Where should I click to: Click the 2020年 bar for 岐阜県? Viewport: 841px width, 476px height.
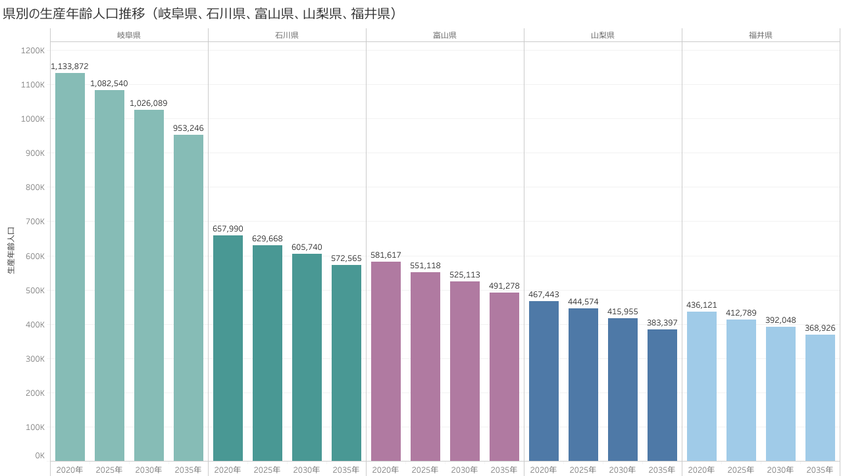(x=70, y=266)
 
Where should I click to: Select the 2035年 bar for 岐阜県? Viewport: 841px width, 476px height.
(x=188, y=297)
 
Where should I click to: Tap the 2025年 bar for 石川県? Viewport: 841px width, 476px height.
(x=267, y=352)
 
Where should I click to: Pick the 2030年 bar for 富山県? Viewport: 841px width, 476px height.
(x=465, y=371)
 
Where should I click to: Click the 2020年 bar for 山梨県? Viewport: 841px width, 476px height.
(x=544, y=381)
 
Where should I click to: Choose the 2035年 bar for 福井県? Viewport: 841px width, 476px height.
(x=820, y=397)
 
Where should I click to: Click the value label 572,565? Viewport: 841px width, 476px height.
(x=346, y=258)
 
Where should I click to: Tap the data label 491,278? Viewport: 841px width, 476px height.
(x=504, y=286)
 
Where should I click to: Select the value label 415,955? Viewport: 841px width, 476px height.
(x=623, y=312)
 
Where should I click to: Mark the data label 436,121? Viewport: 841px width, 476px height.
(x=701, y=305)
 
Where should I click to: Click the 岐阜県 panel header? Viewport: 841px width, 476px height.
(x=129, y=35)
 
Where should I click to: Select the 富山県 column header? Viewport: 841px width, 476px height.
(x=445, y=35)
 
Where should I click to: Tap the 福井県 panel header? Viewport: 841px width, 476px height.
(x=761, y=35)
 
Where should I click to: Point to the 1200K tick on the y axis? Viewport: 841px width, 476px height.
(x=33, y=51)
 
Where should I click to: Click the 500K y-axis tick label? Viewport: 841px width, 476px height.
(x=34, y=290)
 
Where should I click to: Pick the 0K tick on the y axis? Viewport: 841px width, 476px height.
(x=39, y=456)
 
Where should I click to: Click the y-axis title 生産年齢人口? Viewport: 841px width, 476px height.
(x=11, y=250)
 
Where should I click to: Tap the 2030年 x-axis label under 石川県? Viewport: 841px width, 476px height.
(x=307, y=470)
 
